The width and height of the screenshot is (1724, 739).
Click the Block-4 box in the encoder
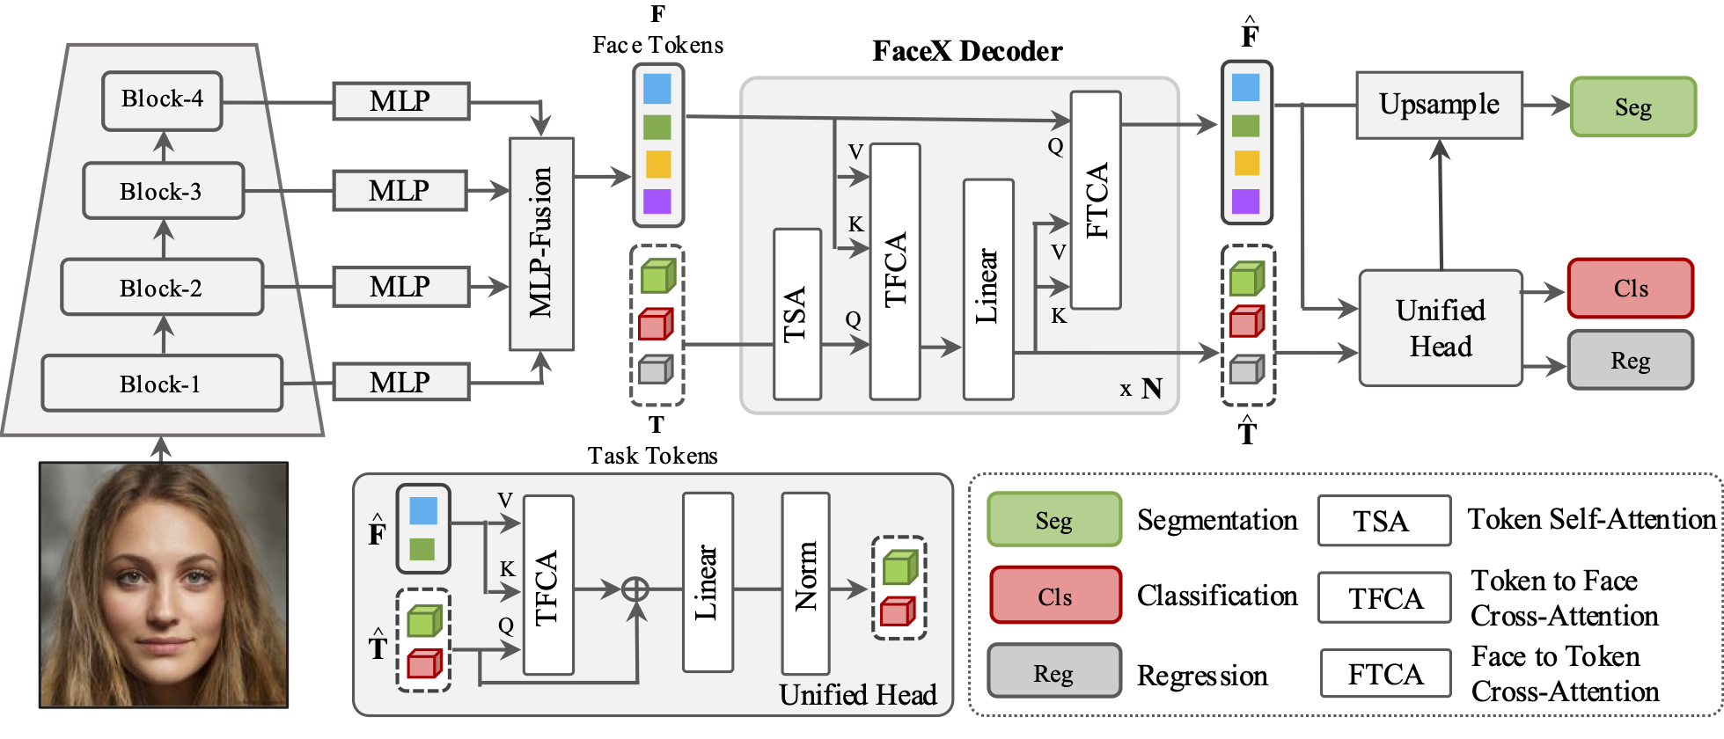162,100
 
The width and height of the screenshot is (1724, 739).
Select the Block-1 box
162,384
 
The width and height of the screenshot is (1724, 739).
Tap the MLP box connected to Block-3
400,191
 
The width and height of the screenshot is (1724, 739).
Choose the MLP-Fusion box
541,244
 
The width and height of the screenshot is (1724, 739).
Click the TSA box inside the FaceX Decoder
796,314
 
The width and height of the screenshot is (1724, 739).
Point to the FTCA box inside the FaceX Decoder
1096,200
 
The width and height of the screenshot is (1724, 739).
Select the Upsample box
1439,106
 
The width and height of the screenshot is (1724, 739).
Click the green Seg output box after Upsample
1632,107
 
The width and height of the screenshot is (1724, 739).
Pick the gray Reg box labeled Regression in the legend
1053,673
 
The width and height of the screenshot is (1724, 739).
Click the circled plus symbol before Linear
635,589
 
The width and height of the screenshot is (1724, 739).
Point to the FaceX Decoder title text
967,51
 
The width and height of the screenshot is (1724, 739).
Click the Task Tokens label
652,456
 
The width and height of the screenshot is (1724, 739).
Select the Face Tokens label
657,45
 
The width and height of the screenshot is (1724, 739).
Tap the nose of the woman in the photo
165,607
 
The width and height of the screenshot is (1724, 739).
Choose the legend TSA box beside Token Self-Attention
1383,521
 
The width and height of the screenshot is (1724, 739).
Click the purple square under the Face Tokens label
657,201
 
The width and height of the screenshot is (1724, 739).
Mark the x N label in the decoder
1141,388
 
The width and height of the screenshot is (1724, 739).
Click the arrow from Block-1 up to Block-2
164,334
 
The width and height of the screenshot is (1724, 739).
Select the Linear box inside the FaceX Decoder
988,289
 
